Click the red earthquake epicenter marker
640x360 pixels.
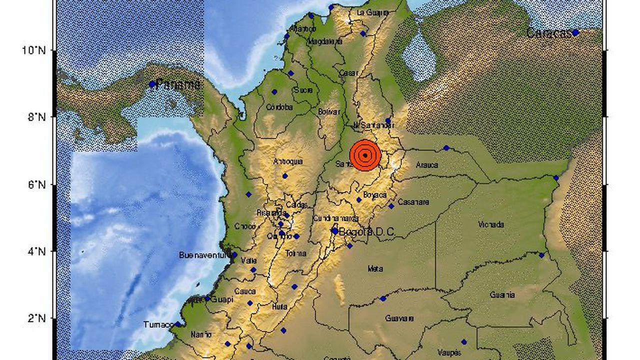coord(365,155)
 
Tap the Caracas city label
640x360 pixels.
coord(548,34)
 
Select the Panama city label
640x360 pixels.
coord(178,84)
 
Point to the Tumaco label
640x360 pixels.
coord(158,324)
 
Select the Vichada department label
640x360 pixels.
coord(491,225)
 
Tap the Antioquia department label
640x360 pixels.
coord(288,161)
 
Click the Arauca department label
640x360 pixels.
coord(426,164)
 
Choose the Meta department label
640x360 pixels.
coord(375,269)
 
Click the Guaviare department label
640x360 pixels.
coord(399,318)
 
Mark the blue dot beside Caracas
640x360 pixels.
coord(575,33)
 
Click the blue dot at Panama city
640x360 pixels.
coord(152,84)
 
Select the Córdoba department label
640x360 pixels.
coord(279,107)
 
